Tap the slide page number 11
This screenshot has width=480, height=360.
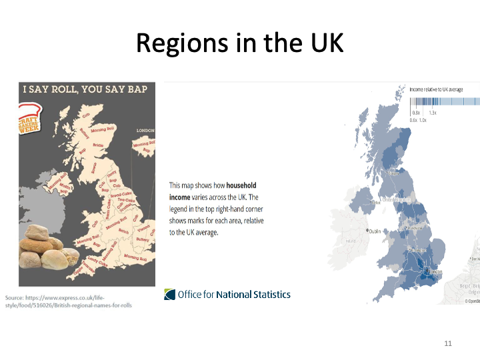(448, 343)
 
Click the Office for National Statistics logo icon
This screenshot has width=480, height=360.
(170, 294)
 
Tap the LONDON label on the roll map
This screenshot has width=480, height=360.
(145, 131)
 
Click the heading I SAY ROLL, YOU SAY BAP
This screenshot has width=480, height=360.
(85, 89)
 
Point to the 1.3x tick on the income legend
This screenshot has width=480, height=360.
(433, 113)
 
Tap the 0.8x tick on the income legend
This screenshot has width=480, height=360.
(415, 113)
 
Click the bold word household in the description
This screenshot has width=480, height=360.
(241, 185)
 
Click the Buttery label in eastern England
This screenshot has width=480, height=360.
(142, 238)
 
